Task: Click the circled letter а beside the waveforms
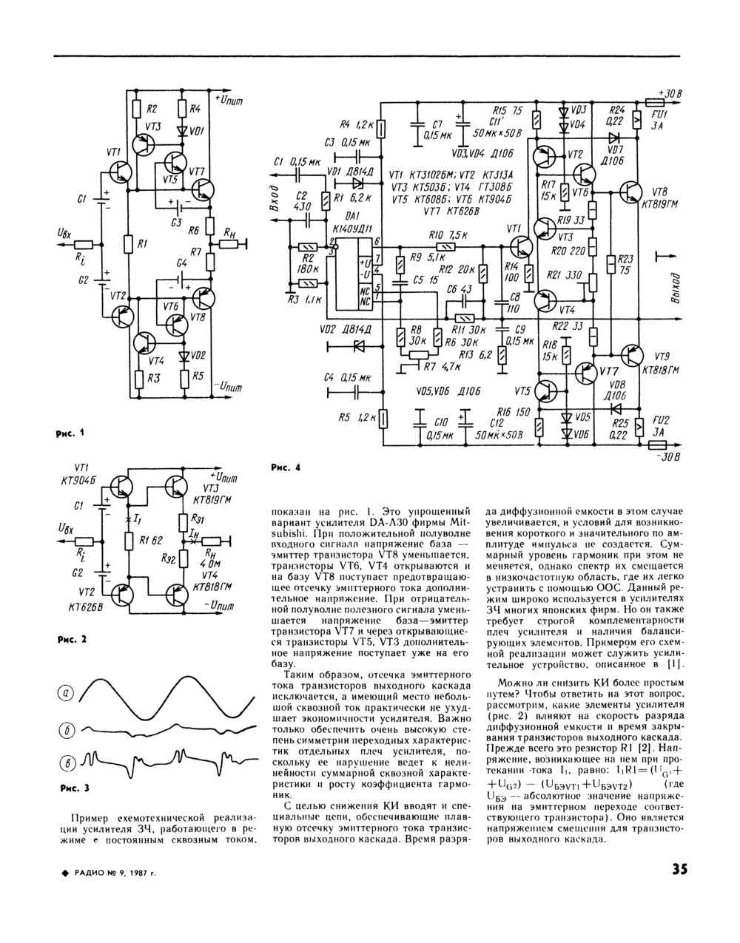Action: tap(67, 692)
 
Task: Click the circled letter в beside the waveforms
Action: tap(67, 763)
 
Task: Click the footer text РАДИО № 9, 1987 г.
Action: tap(111, 873)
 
